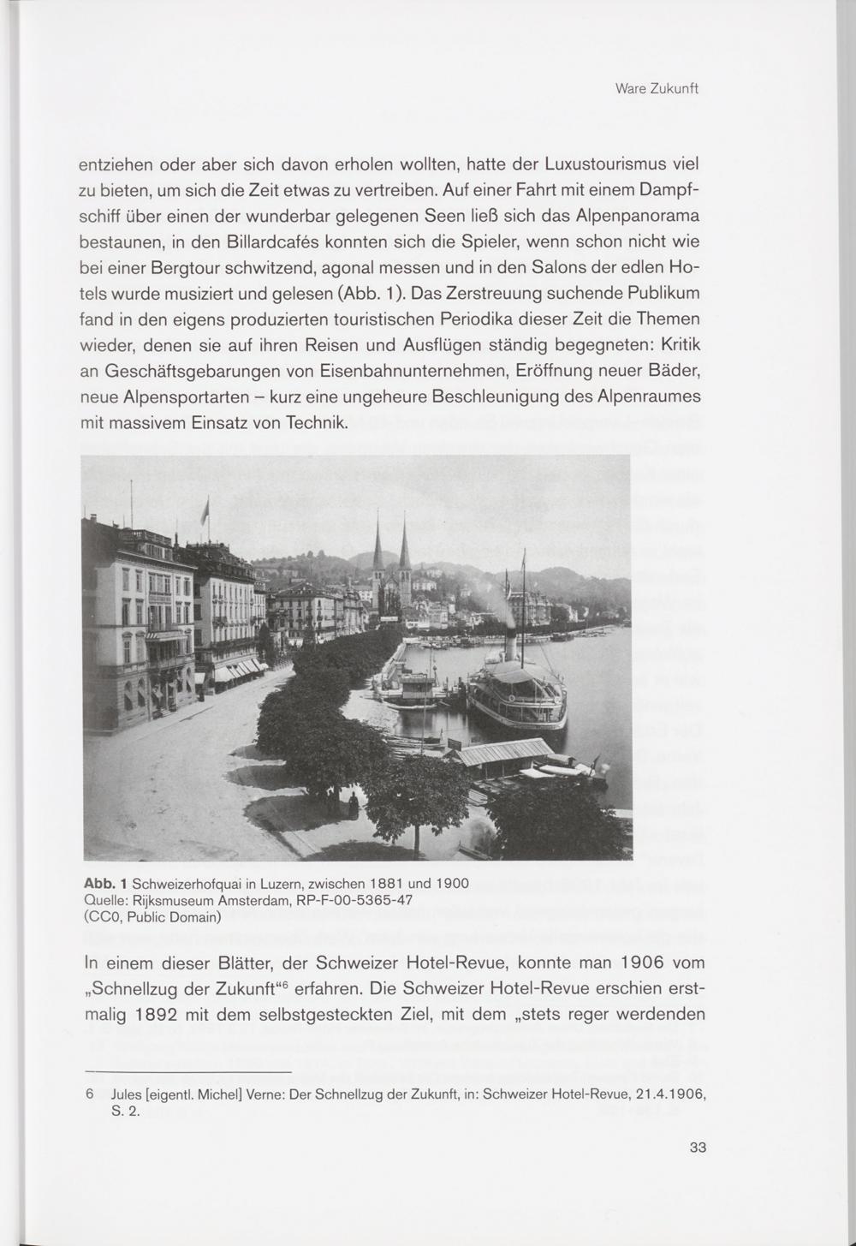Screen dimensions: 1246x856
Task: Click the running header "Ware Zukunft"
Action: (657, 89)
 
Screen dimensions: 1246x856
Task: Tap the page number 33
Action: (698, 1148)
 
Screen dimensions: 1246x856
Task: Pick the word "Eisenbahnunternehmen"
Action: (418, 373)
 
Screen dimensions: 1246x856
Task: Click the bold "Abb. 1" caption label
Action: (105, 883)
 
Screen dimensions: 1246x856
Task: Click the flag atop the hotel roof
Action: (205, 512)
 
